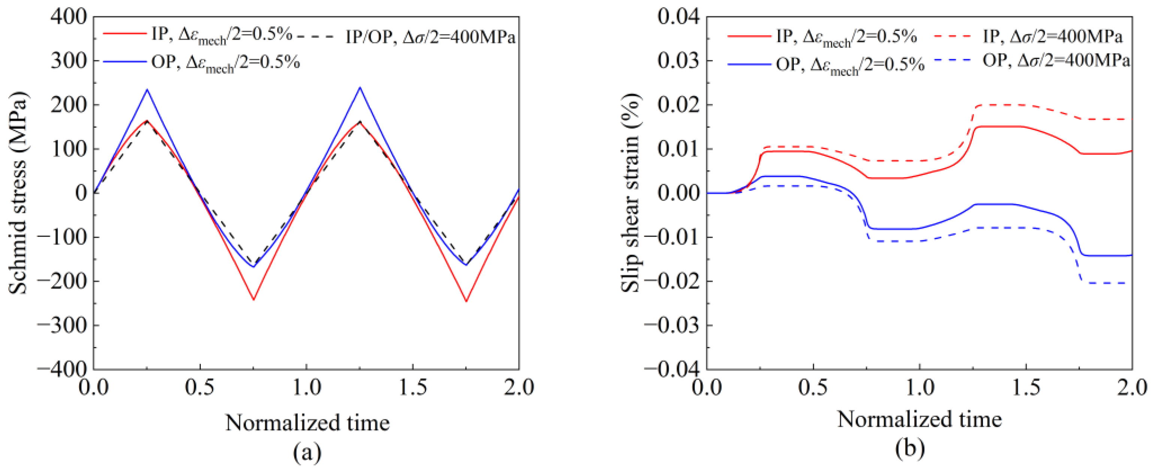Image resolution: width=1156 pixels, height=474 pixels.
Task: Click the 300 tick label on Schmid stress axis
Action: (x=68, y=61)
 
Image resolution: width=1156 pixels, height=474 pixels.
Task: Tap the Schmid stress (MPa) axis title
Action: (x=18, y=193)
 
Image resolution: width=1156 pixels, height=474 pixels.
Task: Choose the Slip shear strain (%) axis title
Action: (x=630, y=193)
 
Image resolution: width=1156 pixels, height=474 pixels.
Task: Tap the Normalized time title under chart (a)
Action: (x=308, y=422)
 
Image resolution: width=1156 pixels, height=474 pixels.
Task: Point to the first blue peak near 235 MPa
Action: (x=147, y=90)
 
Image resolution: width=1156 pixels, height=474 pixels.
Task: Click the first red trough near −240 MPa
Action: (x=254, y=299)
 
